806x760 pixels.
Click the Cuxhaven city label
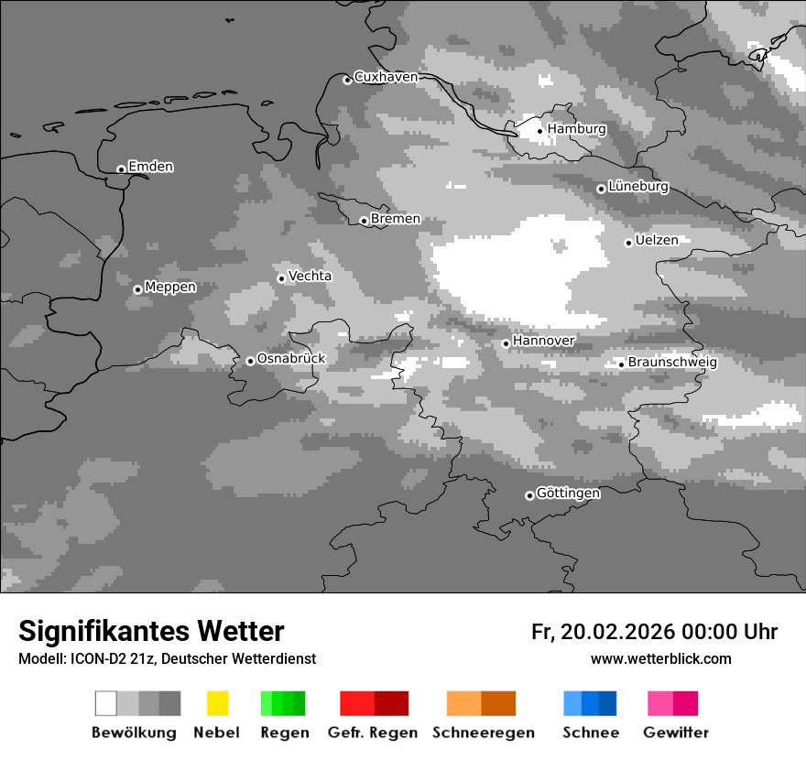pyautogui.click(x=386, y=78)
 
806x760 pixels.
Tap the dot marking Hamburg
pyautogui.click(x=539, y=131)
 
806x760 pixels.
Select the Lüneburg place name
pyautogui.click(x=638, y=187)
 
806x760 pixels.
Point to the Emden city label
pyautogui.click(x=150, y=167)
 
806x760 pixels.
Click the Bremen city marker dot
pyautogui.click(x=364, y=221)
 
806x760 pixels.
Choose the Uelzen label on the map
pyautogui.click(x=657, y=241)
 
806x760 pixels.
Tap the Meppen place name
pyautogui.click(x=170, y=288)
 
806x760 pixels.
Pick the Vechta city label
pyautogui.click(x=310, y=277)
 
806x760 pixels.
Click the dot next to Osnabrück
pyautogui.click(x=250, y=361)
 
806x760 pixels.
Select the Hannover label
pyautogui.click(x=544, y=341)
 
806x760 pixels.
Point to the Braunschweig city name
pyautogui.click(x=672, y=363)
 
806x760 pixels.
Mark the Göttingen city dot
pyautogui.click(x=529, y=495)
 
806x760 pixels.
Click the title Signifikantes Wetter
pyautogui.click(x=151, y=631)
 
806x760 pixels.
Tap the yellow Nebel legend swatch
pyautogui.click(x=217, y=703)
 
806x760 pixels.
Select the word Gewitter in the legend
pyautogui.click(x=676, y=733)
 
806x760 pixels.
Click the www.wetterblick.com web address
pyautogui.click(x=660, y=659)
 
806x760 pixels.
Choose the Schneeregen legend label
pyautogui.click(x=484, y=733)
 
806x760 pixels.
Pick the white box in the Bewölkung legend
pyautogui.click(x=106, y=703)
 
